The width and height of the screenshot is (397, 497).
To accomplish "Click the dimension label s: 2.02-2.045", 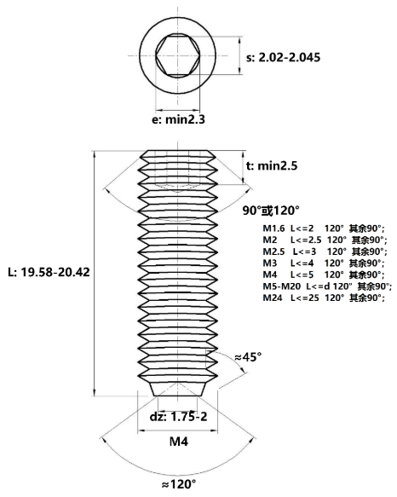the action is tap(283, 58).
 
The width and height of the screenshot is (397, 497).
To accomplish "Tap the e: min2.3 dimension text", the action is tap(178, 120).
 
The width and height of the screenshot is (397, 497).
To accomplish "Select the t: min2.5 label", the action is tap(272, 165).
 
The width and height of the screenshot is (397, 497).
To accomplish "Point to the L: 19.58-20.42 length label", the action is tap(49, 272).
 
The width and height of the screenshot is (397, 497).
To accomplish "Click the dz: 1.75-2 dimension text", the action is tap(178, 417).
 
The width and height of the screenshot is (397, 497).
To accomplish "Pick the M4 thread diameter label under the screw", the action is tap(179, 442).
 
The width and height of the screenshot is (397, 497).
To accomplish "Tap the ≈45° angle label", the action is tap(248, 357).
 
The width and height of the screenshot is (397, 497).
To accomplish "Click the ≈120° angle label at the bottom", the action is tap(179, 484).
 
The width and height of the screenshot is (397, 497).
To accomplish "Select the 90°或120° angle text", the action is tap(271, 211).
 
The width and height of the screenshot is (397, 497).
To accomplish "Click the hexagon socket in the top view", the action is tap(177, 55).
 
